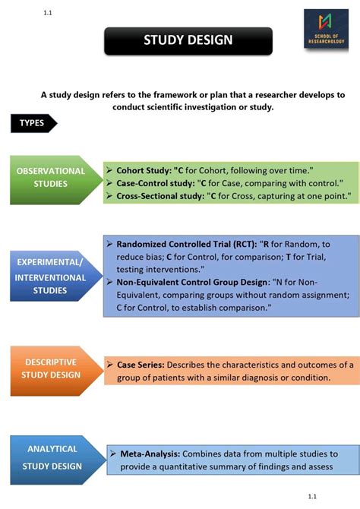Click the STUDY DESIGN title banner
(188, 40)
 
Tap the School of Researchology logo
(327, 32)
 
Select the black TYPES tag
(33, 123)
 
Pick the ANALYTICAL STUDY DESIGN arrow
(52, 457)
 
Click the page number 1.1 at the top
(49, 12)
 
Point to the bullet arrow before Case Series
(110, 365)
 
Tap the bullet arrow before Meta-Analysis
(113, 453)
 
